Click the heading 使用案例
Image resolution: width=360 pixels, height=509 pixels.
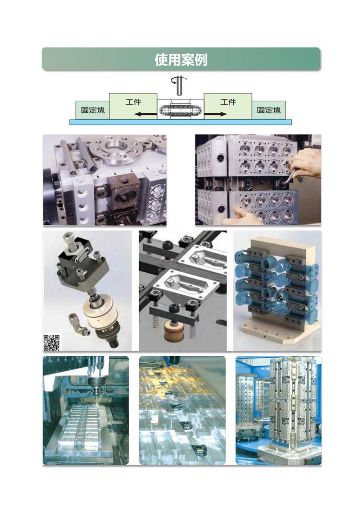coord(181,60)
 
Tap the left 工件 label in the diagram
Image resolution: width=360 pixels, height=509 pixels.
coord(133,102)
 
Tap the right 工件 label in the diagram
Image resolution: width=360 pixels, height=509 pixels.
coord(228,102)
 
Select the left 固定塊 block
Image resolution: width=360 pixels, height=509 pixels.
coord(93,110)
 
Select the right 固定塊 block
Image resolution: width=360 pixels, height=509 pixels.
coord(269,110)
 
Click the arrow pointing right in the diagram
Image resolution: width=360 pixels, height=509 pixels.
coord(216,114)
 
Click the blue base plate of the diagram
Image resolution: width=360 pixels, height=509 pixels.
coord(181,122)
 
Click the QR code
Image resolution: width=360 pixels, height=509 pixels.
coord(52,342)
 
